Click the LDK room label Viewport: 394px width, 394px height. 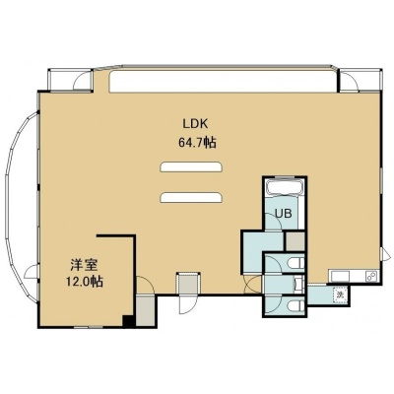pyautogui.click(x=196, y=124)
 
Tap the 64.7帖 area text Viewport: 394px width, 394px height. pyautogui.click(x=197, y=143)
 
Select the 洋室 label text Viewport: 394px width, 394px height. pyautogui.click(x=84, y=265)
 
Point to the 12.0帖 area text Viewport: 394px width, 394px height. pyautogui.click(x=85, y=282)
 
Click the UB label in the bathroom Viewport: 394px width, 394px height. pyautogui.click(x=284, y=214)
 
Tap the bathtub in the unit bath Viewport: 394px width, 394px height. pyautogui.click(x=285, y=188)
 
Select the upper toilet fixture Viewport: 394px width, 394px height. pyautogui.click(x=295, y=263)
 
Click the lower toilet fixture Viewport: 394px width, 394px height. pyautogui.click(x=295, y=306)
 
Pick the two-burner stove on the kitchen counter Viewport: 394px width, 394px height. pyautogui.click(x=372, y=276)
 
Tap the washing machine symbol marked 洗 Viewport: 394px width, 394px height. pyautogui.click(x=340, y=294)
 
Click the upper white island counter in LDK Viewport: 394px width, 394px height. pyautogui.click(x=191, y=166)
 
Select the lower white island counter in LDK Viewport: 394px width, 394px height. pyautogui.click(x=191, y=197)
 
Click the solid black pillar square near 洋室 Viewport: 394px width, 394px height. pyautogui.click(x=129, y=321)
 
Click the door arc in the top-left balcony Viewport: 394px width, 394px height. pyautogui.click(x=81, y=81)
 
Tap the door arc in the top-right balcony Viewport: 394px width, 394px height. pyautogui.click(x=349, y=81)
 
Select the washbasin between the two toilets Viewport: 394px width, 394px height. pyautogui.click(x=298, y=285)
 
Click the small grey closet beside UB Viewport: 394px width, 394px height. pyautogui.click(x=295, y=241)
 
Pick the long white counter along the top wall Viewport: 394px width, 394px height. pyautogui.click(x=224, y=81)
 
